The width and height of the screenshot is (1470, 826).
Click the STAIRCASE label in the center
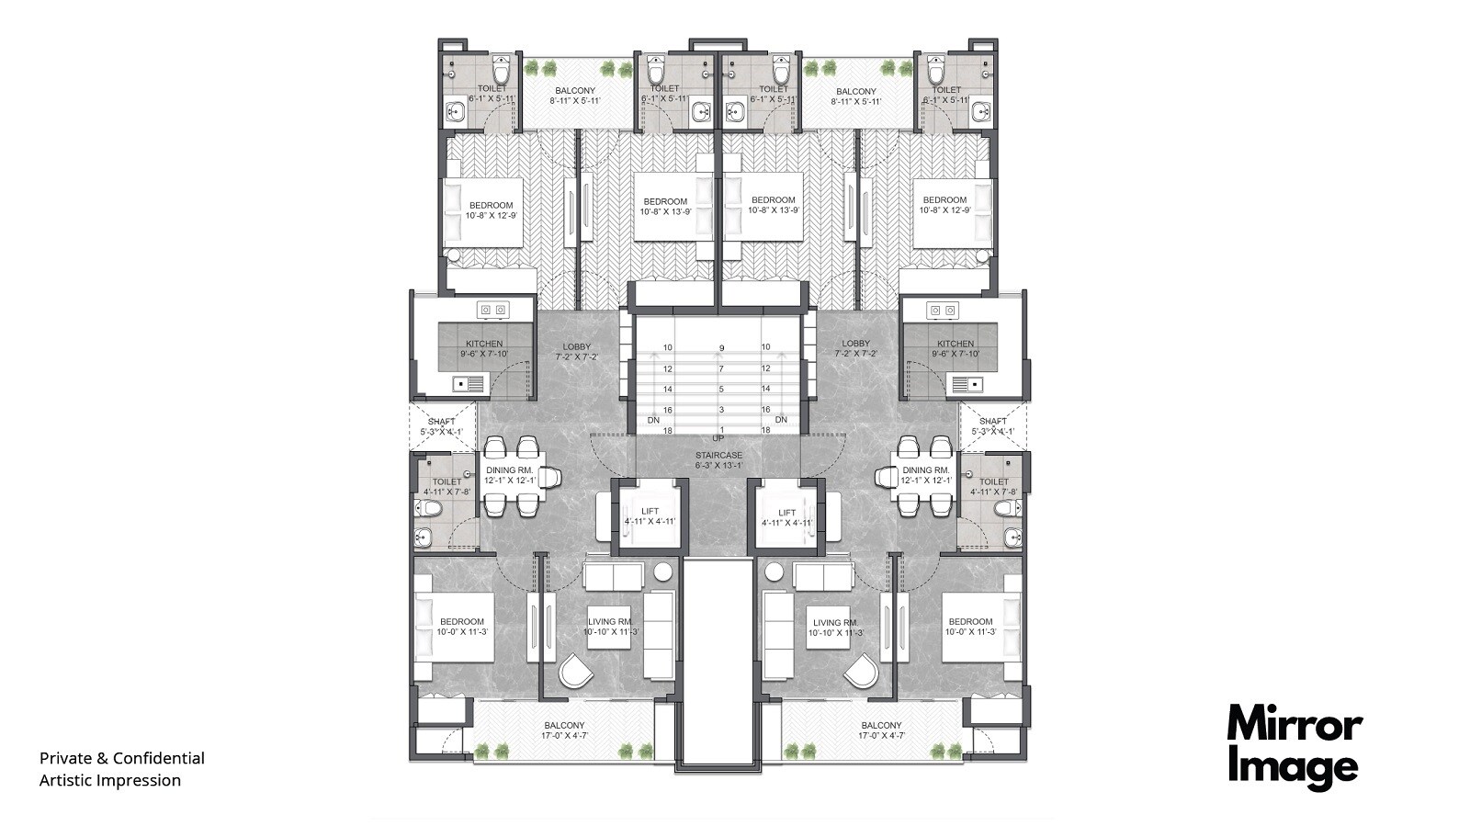(718, 455)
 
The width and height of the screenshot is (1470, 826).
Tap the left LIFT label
(650, 513)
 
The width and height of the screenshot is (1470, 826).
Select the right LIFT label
(786, 513)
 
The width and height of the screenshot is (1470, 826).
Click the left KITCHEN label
(484, 344)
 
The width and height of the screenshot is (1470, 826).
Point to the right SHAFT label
(992, 421)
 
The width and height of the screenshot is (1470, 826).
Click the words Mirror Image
(1295, 746)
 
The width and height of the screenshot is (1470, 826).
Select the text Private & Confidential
(121, 758)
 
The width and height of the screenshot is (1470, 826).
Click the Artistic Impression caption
(109, 780)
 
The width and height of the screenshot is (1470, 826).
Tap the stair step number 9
(722, 347)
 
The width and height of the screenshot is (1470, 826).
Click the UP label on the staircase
(718, 438)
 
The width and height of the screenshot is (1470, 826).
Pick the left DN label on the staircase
(653, 420)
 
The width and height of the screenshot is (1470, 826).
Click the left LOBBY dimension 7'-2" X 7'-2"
(576, 356)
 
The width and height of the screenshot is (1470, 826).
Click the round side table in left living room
(663, 571)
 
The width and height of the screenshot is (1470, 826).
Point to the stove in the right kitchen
(943, 311)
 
